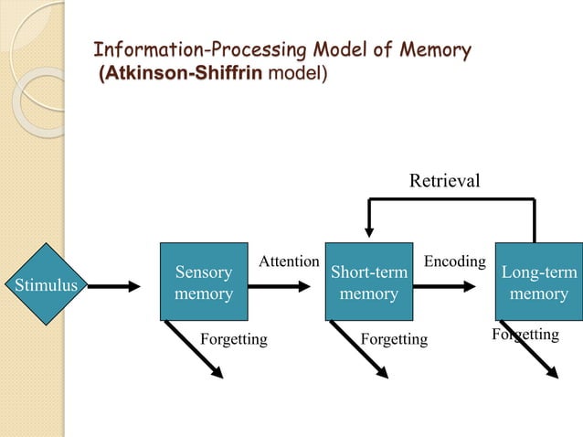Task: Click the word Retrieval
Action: pyautogui.click(x=444, y=180)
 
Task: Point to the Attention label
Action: pyautogui.click(x=289, y=261)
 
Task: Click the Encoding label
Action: pyautogui.click(x=455, y=261)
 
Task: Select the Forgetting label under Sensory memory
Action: pyautogui.click(x=233, y=340)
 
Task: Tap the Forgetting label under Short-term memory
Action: pyautogui.click(x=394, y=340)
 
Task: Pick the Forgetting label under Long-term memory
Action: pyautogui.click(x=525, y=335)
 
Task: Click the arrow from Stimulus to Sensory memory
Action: pyautogui.click(x=107, y=285)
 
